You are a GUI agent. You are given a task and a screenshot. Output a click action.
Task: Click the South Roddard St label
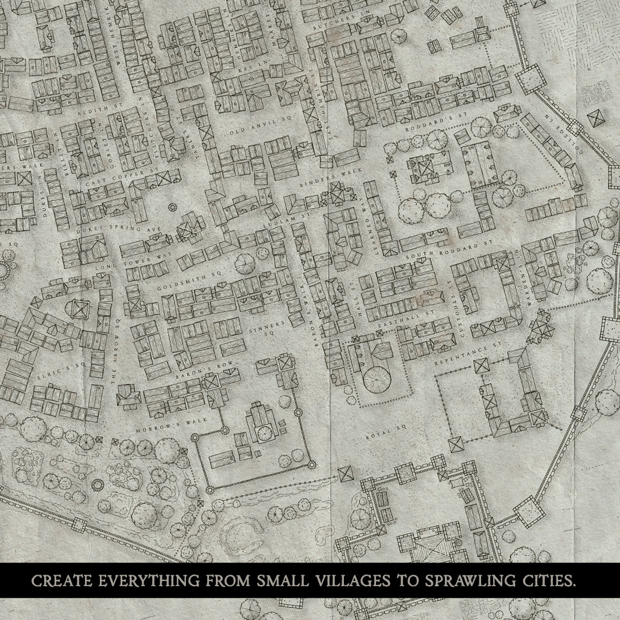pos(449,253)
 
